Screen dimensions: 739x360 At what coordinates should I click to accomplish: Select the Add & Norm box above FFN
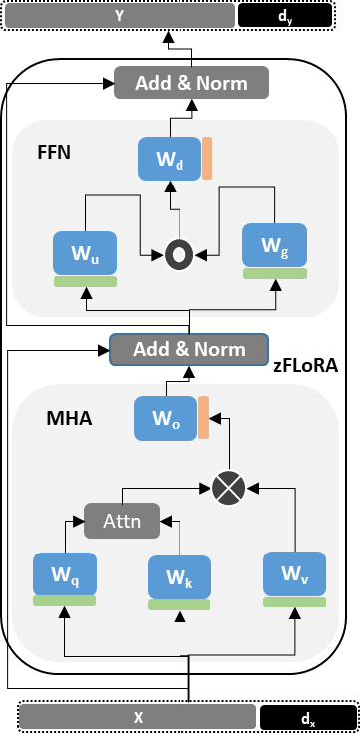pos(191,83)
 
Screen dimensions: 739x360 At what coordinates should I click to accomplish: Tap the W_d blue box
pos(169,160)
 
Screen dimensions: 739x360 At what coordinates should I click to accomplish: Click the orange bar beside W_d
pos(207,160)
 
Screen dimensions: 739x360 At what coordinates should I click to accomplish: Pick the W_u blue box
pos(85,253)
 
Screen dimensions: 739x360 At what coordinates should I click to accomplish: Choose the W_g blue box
pos(275,245)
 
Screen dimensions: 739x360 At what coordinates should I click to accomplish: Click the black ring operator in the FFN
pos(179,255)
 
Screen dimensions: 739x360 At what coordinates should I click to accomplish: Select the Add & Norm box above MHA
pos(189,349)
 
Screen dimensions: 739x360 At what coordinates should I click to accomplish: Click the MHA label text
pos(69,418)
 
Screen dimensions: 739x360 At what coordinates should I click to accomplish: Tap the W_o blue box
pos(165,418)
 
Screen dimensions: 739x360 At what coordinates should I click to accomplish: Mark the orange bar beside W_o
pos(203,418)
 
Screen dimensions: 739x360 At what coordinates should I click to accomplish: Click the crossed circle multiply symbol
pos(228,488)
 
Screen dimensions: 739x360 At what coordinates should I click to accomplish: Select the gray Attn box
pos(121,520)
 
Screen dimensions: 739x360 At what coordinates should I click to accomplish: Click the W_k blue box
pos(180,577)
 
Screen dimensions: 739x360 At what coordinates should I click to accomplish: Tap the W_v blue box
pos(294,573)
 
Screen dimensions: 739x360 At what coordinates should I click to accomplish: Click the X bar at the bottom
pos(138,716)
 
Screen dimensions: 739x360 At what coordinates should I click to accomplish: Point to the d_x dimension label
pos(309,718)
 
